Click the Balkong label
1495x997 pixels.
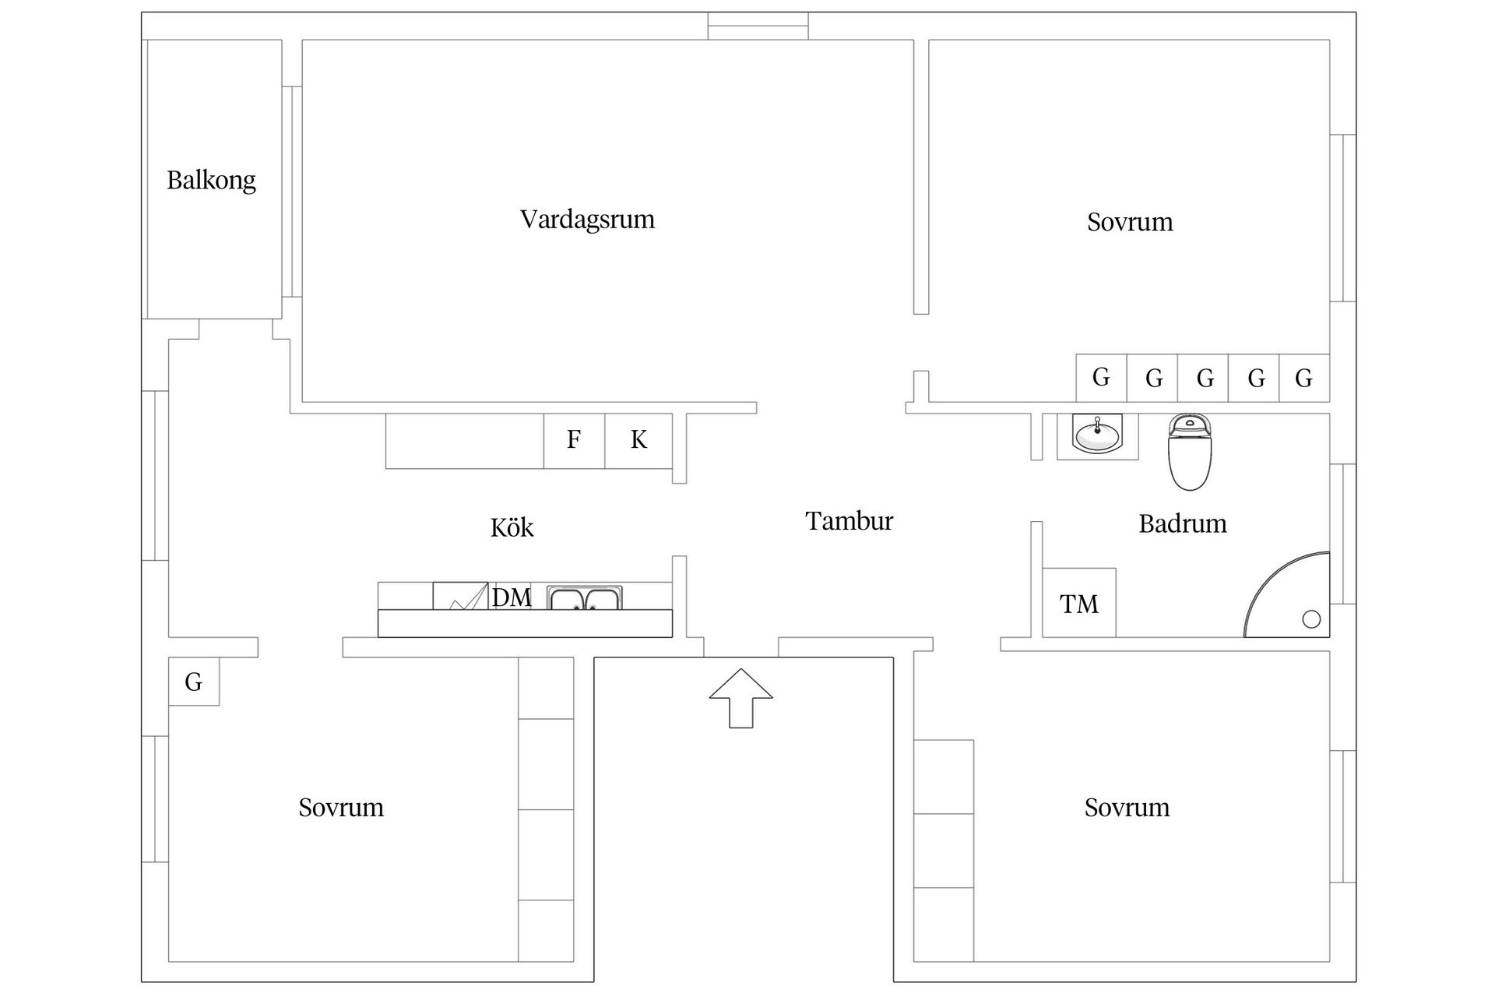[x=211, y=181]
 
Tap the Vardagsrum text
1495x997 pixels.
[x=587, y=220]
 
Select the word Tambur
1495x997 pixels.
[x=849, y=521]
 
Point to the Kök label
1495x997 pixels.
[x=512, y=528]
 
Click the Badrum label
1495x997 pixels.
[x=1182, y=523]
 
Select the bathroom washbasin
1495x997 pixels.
[x=1097, y=434]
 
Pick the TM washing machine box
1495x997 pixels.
[x=1078, y=604]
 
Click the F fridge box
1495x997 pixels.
[x=574, y=440]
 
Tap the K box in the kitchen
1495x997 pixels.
[x=638, y=440]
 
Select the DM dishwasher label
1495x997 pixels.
[x=512, y=597]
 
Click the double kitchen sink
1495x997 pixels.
[x=584, y=597]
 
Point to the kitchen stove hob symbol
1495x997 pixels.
[x=460, y=596]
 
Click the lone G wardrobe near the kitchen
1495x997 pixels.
[x=194, y=682]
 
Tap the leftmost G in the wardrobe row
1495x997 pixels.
[x=1101, y=378]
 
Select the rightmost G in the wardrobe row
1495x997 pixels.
[x=1303, y=379]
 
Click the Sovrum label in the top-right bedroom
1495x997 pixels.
[x=1130, y=222]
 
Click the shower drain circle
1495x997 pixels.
[x=1311, y=619]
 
